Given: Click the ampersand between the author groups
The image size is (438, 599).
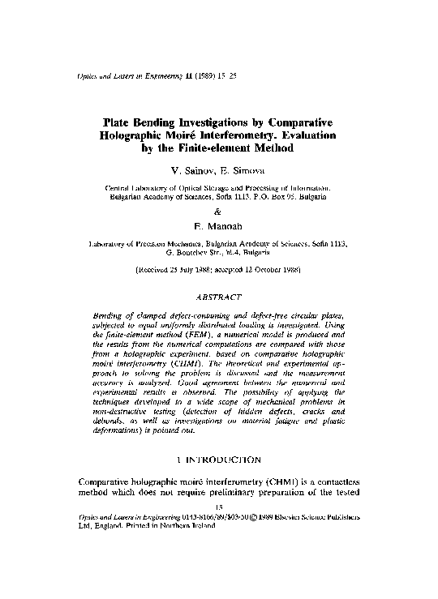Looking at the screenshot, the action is click(x=218, y=211).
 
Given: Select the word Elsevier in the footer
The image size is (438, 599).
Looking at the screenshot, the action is click(x=334, y=516).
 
